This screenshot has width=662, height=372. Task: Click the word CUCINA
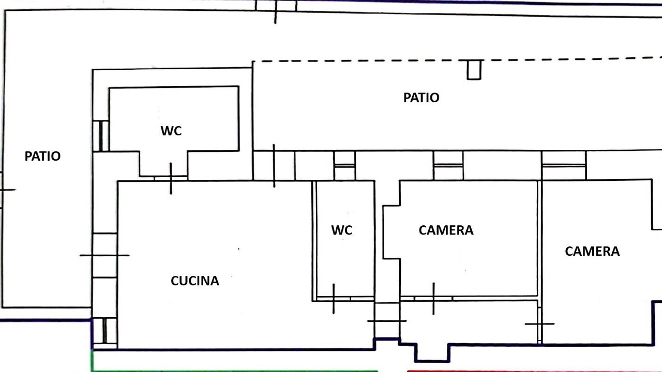[x=195, y=281]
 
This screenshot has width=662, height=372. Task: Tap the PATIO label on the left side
[x=42, y=156]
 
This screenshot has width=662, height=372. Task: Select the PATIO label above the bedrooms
[x=422, y=98]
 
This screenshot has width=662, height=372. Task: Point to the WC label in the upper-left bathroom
[x=171, y=131]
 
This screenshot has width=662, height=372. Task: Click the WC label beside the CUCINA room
[x=342, y=230]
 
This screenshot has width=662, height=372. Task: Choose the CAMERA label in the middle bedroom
[x=446, y=230]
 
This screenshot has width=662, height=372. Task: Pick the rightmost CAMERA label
[x=592, y=251]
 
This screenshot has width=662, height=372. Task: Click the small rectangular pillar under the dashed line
[x=474, y=70]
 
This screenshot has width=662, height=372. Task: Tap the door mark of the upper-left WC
[x=171, y=178]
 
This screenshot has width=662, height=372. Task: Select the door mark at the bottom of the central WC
[x=334, y=299]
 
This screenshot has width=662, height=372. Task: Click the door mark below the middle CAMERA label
[x=433, y=299]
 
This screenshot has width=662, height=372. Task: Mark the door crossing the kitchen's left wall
[x=104, y=255]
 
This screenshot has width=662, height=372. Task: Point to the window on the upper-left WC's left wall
[x=101, y=136]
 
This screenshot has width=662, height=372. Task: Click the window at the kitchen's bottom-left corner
[x=104, y=331]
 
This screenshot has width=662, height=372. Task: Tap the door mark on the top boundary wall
[x=276, y=12]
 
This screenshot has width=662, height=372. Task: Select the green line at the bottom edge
[x=233, y=370]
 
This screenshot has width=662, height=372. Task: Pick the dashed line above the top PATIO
[x=457, y=60]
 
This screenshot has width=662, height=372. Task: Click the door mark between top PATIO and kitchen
[x=274, y=166]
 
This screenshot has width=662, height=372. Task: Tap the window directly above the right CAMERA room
[x=564, y=165]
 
